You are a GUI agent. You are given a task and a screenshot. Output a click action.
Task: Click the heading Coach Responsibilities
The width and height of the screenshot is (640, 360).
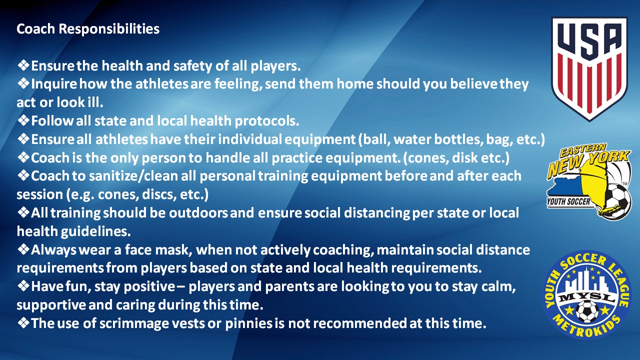tap(88, 29)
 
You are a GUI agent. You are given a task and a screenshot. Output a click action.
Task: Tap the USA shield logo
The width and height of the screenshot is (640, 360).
tap(589, 69)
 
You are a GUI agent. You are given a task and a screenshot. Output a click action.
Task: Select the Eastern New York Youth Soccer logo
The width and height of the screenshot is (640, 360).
tap(589, 181)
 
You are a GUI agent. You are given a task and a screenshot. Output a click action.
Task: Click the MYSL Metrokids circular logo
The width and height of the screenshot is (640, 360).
tap(587, 294)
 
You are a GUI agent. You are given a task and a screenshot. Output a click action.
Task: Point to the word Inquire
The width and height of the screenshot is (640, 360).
tap(54, 84)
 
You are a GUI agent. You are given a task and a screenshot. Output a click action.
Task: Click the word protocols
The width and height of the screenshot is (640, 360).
tap(267, 121)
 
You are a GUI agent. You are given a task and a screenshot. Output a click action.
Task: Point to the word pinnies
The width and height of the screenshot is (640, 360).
tap(249, 323)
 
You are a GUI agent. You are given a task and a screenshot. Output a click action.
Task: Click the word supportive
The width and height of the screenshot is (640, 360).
tap(51, 305)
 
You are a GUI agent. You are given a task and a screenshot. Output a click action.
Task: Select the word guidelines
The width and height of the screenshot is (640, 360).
tap(95, 231)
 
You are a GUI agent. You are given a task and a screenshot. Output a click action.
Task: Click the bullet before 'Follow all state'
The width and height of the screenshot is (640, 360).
tap(23, 120)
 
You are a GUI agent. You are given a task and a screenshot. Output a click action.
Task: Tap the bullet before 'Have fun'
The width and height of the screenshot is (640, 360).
tap(23, 286)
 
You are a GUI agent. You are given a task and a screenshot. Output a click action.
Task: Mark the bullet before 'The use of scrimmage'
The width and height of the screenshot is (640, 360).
tap(23, 323)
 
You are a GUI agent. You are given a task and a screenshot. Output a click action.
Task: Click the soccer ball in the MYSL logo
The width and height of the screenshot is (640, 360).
tap(587, 311)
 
